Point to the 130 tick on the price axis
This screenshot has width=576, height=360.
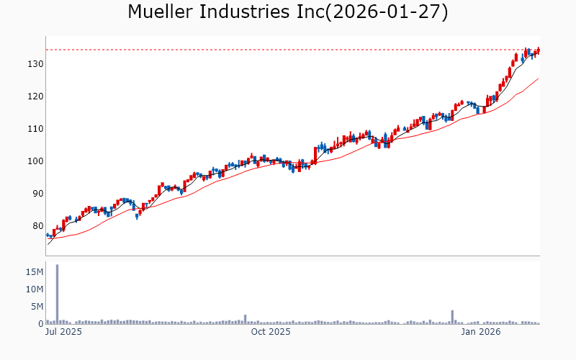[36, 64]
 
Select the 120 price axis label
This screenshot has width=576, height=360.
[36, 96]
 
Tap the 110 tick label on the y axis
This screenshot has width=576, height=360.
[36, 129]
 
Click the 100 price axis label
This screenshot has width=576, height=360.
[36, 161]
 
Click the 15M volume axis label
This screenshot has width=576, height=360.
[35, 272]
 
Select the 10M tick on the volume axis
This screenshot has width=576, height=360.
[35, 289]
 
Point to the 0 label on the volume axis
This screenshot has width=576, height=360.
[41, 324]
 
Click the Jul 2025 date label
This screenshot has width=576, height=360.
[63, 332]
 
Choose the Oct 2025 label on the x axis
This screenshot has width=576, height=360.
[270, 332]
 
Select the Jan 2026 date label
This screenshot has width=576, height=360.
[480, 332]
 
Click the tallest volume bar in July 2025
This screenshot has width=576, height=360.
[57, 294]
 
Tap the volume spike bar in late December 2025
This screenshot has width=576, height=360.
[452, 318]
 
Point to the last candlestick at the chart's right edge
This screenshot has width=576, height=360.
[538, 50]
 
